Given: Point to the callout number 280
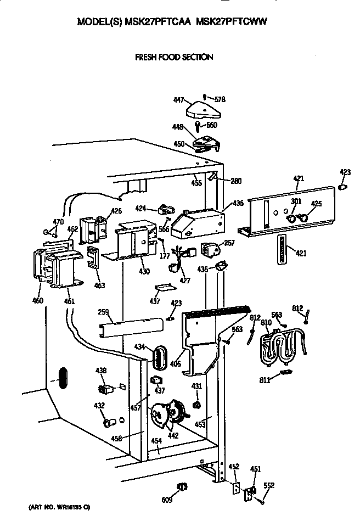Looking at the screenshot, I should tap(236, 181).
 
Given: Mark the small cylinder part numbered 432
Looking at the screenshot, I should tap(108, 423).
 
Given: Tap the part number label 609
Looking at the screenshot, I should tap(166, 500).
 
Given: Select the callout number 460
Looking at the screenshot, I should tap(37, 300).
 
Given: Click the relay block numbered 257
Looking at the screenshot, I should tap(210, 250).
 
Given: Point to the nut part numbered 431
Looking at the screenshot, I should tap(195, 405).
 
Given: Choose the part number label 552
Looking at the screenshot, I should tap(269, 485).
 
